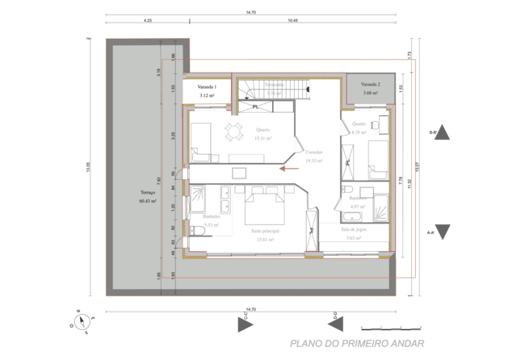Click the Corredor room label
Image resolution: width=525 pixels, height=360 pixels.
tap(313, 156)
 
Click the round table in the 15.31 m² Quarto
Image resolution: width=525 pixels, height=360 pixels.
tap(233, 131)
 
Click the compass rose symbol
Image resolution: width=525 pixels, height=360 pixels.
tap(82, 321)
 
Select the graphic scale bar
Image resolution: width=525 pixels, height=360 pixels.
tap(391, 327)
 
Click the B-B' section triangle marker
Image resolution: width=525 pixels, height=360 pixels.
tap(442, 133)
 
